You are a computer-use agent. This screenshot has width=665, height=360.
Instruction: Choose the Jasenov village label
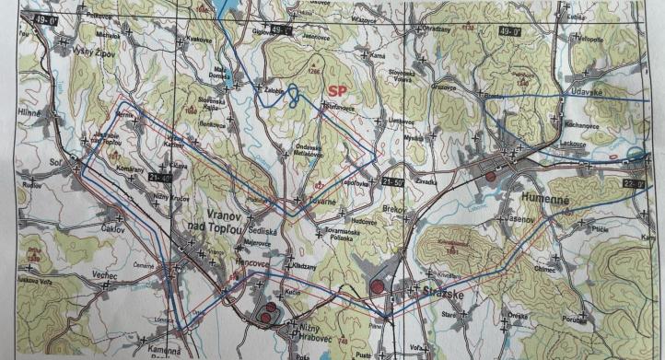tap(518, 221)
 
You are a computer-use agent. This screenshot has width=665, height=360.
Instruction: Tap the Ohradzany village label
tap(435, 29)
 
